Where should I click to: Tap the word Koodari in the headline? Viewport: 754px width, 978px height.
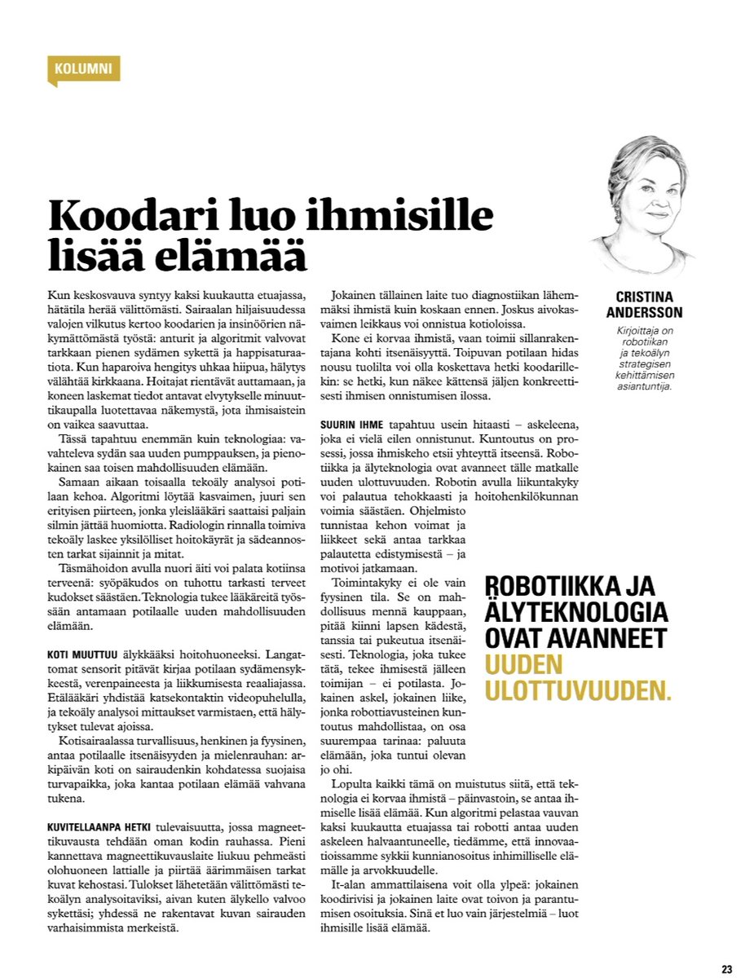(131, 218)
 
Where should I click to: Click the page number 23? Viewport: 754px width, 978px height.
(726, 969)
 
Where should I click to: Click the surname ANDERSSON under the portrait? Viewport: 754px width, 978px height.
(646, 313)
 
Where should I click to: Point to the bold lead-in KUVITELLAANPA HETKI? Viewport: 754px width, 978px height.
(99, 826)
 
